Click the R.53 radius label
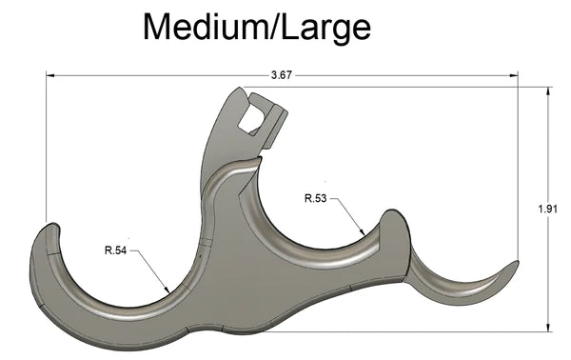pos(317,198)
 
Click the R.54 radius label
pos(115,250)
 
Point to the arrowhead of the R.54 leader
pos(168,290)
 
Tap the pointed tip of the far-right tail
pos(517,263)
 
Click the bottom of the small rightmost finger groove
pos(457,290)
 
